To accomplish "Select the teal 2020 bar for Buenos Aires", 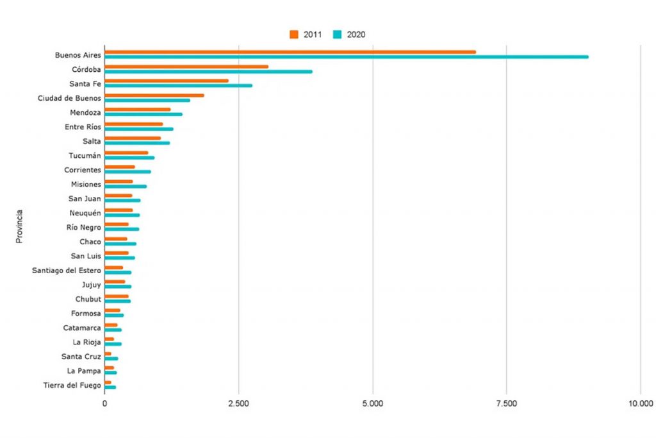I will click(x=346, y=57).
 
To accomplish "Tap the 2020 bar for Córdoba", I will click(x=208, y=71).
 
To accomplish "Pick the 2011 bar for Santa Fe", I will click(x=167, y=81).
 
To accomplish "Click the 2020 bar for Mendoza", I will click(x=143, y=114).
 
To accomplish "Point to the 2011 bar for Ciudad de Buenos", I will click(x=154, y=96).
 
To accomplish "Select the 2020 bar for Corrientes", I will click(x=128, y=172).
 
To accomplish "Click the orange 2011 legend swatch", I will click(x=294, y=35).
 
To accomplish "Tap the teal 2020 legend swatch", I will click(x=338, y=35).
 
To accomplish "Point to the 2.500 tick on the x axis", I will click(x=238, y=403).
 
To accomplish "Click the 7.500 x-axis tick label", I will click(x=506, y=403).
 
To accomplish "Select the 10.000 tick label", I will click(x=640, y=403).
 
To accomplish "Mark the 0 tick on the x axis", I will click(x=105, y=403).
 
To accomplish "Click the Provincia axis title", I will click(x=20, y=225).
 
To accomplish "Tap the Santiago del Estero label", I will click(x=67, y=270).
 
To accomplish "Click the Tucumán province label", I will click(x=85, y=155).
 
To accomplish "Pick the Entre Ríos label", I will click(x=83, y=127).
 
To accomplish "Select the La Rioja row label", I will click(x=86, y=342).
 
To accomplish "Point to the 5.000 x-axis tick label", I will click(x=372, y=403).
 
